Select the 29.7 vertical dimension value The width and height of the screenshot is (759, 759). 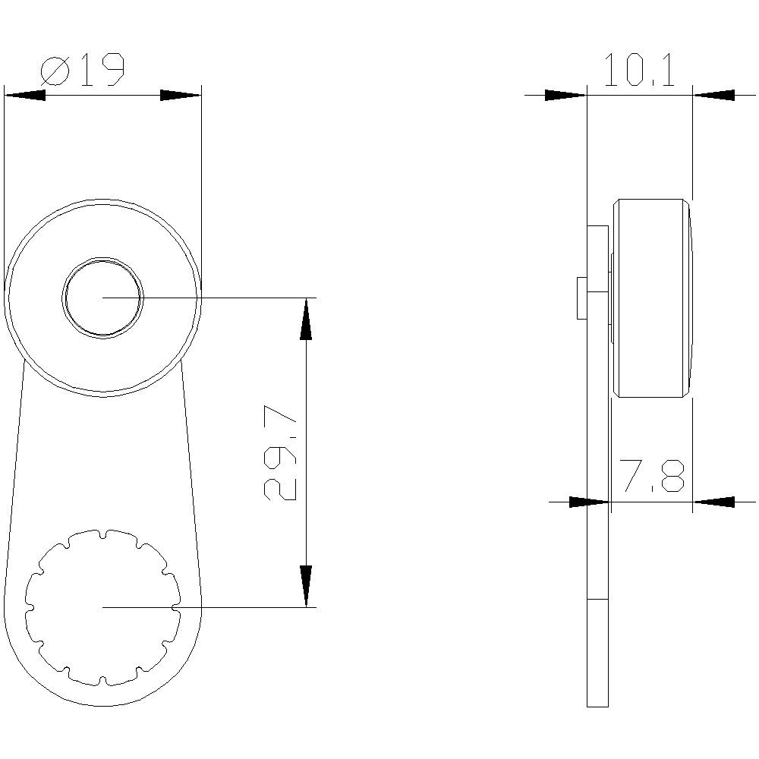click(x=279, y=453)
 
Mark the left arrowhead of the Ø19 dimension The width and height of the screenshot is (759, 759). click(x=24, y=96)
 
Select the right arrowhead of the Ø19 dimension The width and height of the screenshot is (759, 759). click(x=181, y=96)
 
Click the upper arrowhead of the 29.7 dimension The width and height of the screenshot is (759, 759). click(x=306, y=319)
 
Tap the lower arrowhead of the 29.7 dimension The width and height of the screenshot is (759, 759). click(x=306, y=586)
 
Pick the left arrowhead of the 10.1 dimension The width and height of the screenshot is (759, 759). click(x=566, y=96)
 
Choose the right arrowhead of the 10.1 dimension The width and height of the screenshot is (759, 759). click(x=713, y=96)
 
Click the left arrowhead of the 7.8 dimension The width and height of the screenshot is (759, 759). click(x=589, y=502)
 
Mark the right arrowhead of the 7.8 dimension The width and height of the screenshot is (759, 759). click(x=713, y=502)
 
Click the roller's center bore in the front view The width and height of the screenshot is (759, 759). click(x=103, y=297)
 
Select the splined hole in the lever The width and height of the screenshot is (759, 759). click(x=103, y=606)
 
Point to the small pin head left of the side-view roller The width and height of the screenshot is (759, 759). click(x=582, y=298)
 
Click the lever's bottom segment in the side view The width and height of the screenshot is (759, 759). click(x=598, y=653)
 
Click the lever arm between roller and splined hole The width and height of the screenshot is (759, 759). click(x=103, y=455)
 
